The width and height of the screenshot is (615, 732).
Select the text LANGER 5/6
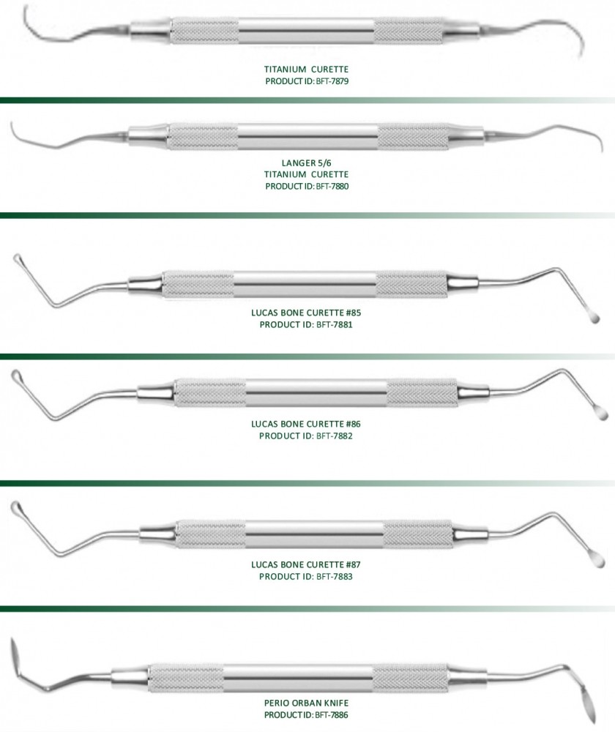pyautogui.click(x=306, y=163)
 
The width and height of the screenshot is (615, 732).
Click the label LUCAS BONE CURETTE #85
pyautogui.click(x=306, y=313)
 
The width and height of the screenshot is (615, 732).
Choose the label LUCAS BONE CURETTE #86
pyautogui.click(x=306, y=424)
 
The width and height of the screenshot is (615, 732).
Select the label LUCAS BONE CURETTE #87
pyautogui.click(x=306, y=564)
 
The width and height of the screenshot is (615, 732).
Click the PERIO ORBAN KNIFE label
pyautogui.click(x=306, y=703)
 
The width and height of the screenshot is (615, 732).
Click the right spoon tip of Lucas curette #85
pyautogui.click(x=594, y=318)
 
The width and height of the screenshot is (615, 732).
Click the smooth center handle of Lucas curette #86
pyautogui.click(x=316, y=392)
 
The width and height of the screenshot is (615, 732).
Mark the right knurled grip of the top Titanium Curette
pyautogui.click(x=408, y=31)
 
